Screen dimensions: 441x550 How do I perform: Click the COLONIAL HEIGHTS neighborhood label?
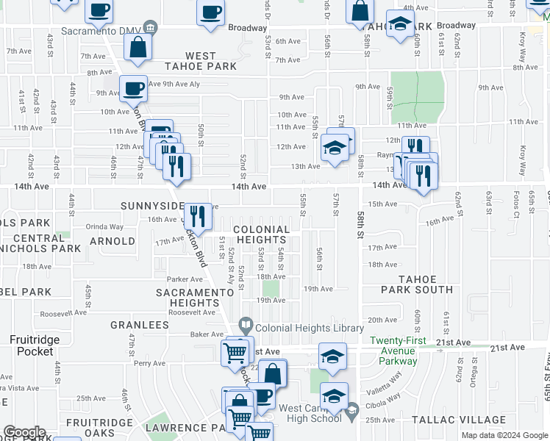260,235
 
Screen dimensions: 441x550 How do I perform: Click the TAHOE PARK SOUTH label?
426,284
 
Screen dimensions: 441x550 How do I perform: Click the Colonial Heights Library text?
309,328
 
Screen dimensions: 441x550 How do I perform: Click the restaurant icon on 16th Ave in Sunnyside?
197,215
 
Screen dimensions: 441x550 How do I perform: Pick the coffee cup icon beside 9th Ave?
133,89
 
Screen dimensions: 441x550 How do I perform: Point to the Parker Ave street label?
185,279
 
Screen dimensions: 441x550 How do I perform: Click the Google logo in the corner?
24,432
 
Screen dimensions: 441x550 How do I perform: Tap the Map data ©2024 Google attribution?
504,435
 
